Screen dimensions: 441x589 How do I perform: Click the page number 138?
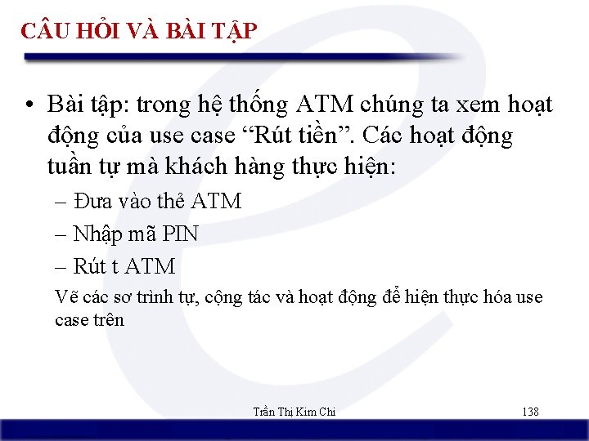[530, 412]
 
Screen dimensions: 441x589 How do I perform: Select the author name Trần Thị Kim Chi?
[294, 412]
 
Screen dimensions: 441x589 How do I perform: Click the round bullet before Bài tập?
[29, 106]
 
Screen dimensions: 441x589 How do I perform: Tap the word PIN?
[180, 234]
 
